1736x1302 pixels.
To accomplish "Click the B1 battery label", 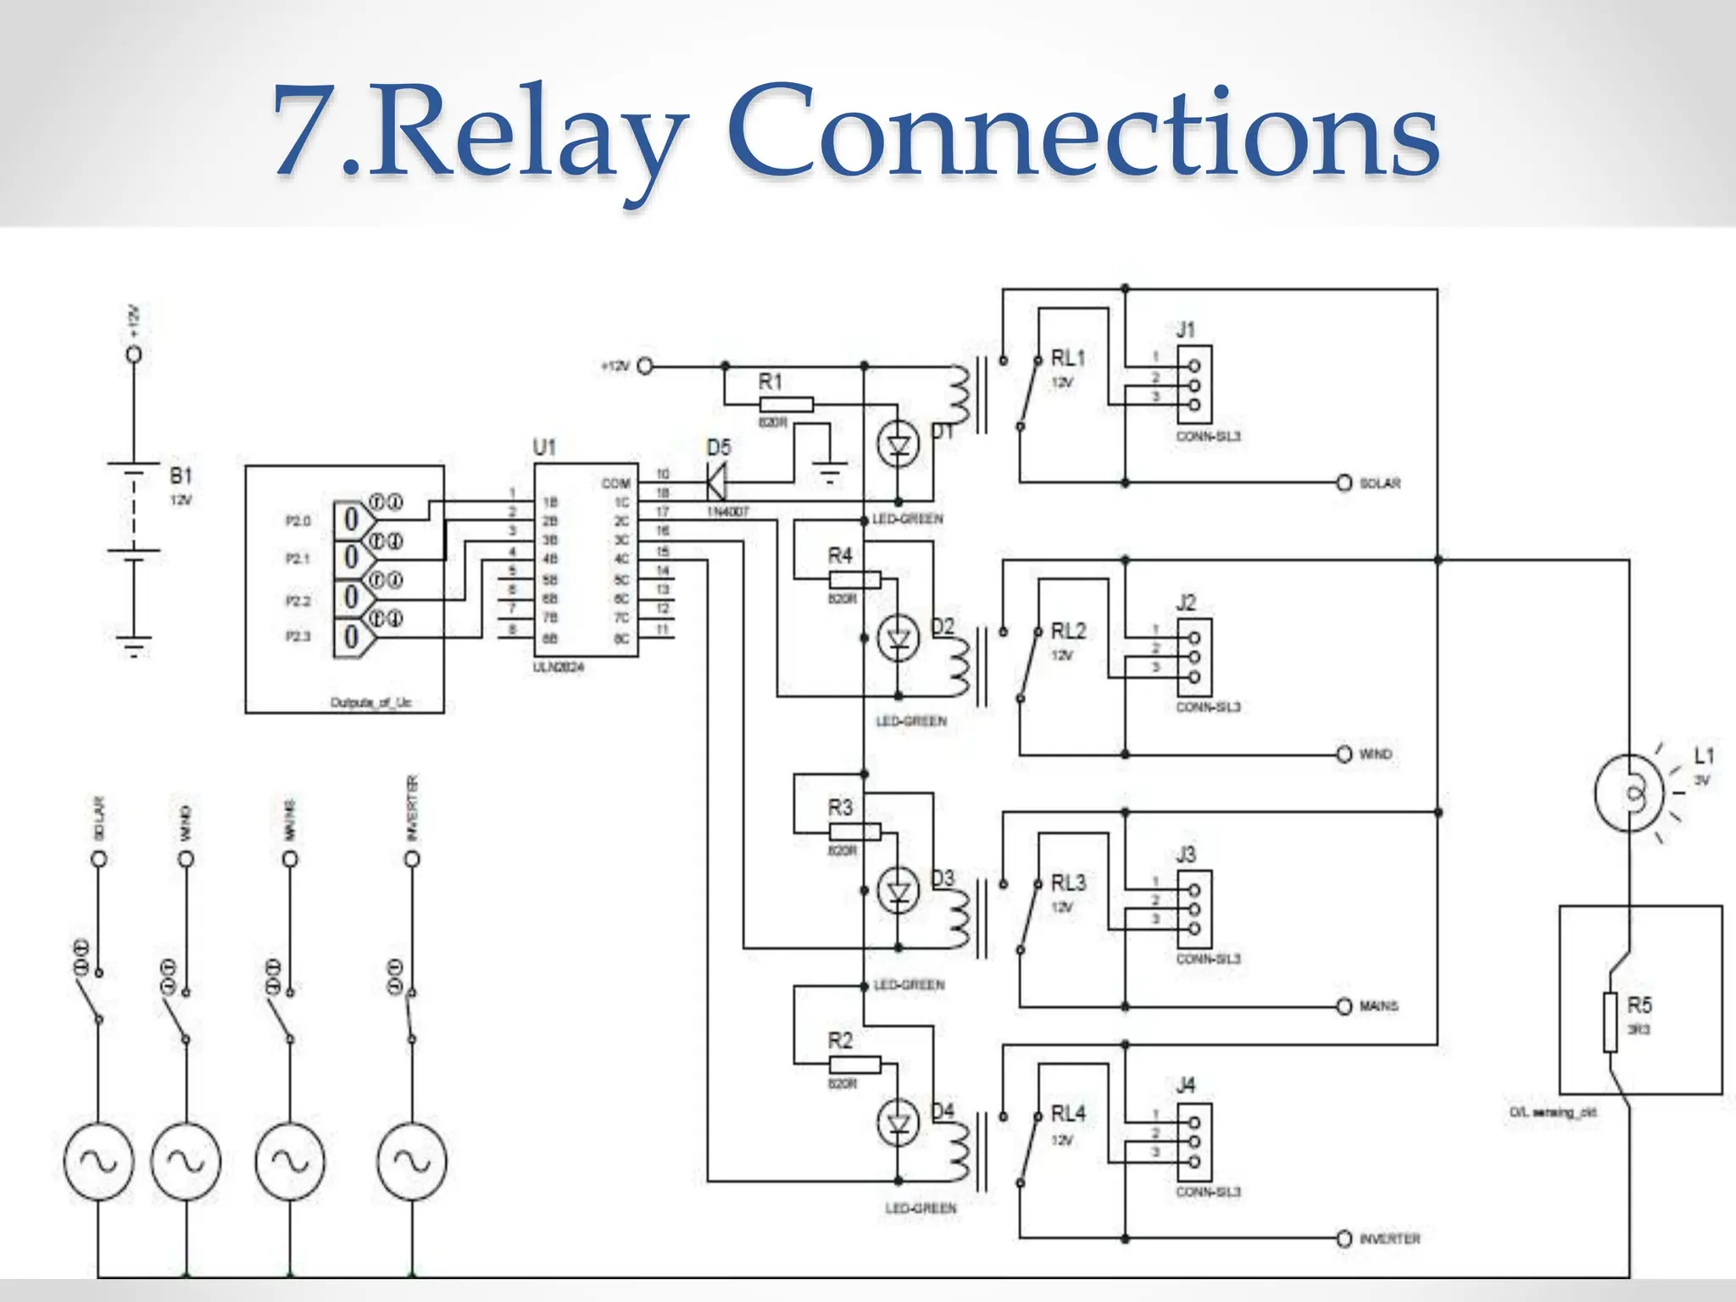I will pyautogui.click(x=181, y=475).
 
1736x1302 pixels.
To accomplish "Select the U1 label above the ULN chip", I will pyautogui.click(x=544, y=447).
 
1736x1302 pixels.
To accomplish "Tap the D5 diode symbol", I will pyautogui.click(x=716, y=483).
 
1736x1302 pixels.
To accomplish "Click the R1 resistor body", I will pyautogui.click(x=786, y=404).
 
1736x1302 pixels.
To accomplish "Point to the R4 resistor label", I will pyautogui.click(x=839, y=555).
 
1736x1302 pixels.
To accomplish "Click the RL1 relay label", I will pyautogui.click(x=1067, y=358).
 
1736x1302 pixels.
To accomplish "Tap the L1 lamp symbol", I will pyautogui.click(x=1629, y=794).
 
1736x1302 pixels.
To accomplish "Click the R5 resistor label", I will pyautogui.click(x=1639, y=1005).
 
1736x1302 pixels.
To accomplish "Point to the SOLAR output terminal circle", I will pyautogui.click(x=1344, y=482).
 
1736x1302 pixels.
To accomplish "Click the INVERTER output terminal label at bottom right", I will pyautogui.click(x=1389, y=1239).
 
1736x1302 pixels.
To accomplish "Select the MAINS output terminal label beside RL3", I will pyautogui.click(x=1378, y=1006).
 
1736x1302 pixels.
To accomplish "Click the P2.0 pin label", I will pyautogui.click(x=298, y=520).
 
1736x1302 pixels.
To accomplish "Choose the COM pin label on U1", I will pyautogui.click(x=615, y=483).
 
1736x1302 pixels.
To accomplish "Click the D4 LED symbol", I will pyautogui.click(x=898, y=1124).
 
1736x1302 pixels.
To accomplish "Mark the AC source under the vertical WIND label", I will pyautogui.click(x=186, y=1161).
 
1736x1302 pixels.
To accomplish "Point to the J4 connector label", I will pyautogui.click(x=1185, y=1084).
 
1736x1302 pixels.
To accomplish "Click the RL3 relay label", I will pyautogui.click(x=1067, y=882).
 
